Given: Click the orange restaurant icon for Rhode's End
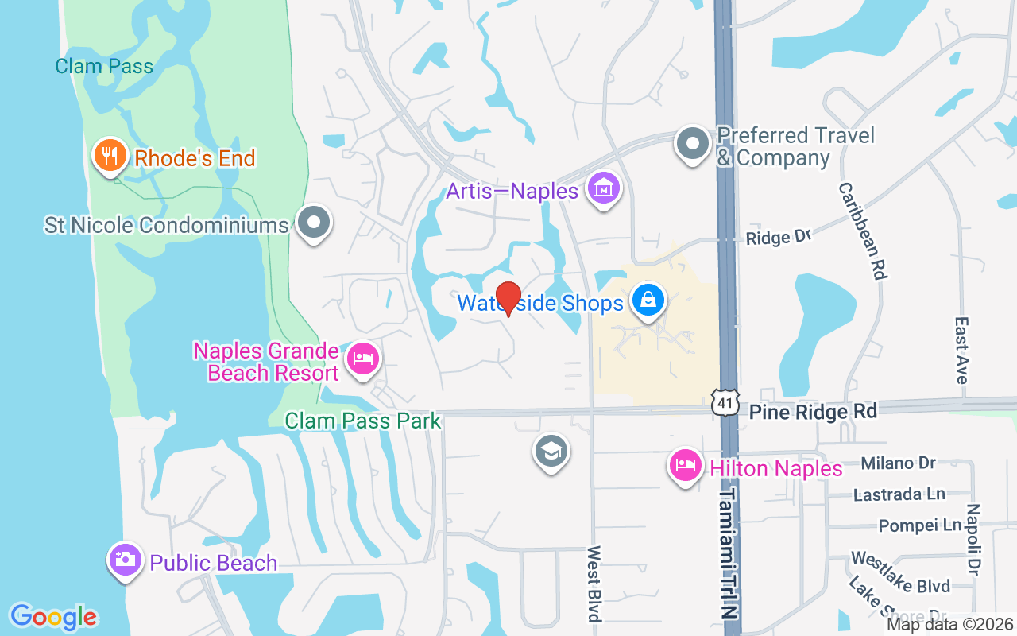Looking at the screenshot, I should click(x=110, y=156).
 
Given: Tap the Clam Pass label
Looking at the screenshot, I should click(x=104, y=66).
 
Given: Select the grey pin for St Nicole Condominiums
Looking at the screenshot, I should click(x=314, y=223).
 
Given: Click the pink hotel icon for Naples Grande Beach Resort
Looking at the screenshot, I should click(x=363, y=359).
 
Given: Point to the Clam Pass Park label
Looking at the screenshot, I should click(x=362, y=421).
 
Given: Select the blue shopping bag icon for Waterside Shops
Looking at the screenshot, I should click(x=648, y=301).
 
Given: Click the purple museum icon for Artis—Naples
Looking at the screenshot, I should click(x=604, y=189).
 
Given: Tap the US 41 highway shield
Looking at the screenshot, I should click(x=724, y=402).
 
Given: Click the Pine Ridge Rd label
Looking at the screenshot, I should click(x=814, y=411).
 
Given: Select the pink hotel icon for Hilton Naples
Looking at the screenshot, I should click(x=685, y=466).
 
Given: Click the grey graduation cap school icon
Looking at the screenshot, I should click(x=551, y=452).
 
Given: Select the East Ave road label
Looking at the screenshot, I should click(x=961, y=351).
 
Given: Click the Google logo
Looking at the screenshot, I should click(x=54, y=617).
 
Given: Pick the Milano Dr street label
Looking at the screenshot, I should click(x=899, y=463).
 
